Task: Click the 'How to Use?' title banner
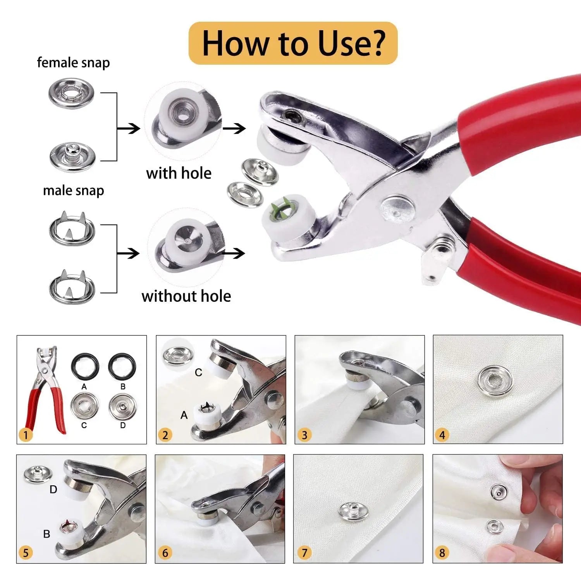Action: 293,43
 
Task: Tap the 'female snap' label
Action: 73,63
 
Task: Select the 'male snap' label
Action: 73,191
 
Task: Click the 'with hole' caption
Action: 179,173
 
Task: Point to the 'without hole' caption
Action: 186,296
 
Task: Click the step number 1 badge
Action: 26,435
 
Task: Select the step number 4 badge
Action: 442,435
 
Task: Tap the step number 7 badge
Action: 304,553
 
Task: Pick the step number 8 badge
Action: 442,553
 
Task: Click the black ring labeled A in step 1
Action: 84,366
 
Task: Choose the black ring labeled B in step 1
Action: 122,366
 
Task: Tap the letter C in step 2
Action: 198,373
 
